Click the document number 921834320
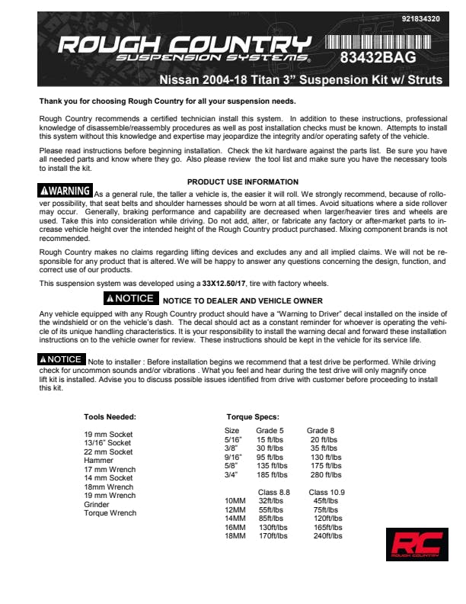point(419,18)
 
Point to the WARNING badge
point(65,191)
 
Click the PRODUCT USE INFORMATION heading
point(243,182)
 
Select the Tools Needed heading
point(110,417)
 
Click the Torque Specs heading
point(253,417)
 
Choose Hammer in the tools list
point(98,461)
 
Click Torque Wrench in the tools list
point(110,513)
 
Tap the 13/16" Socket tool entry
point(107,443)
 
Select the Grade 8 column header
point(321,431)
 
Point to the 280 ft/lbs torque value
point(326,474)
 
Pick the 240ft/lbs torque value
point(328,536)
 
